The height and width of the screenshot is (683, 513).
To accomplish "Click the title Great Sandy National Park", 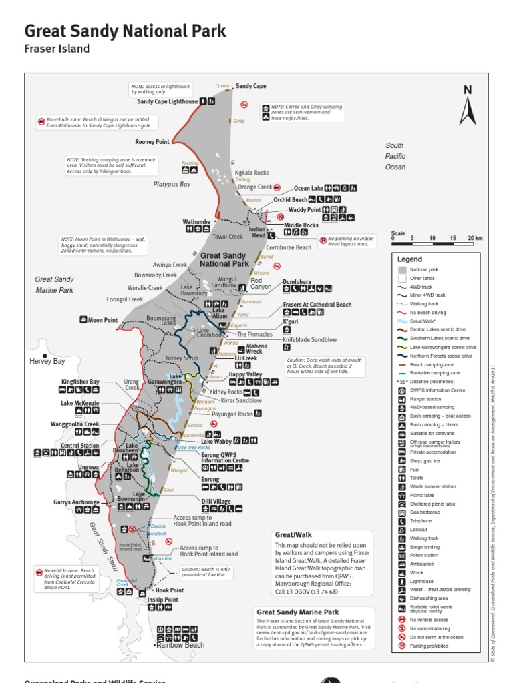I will click(125, 31).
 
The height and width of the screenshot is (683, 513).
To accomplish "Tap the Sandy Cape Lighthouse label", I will click(168, 102).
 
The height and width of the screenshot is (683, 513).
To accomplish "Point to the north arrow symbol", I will click(468, 107).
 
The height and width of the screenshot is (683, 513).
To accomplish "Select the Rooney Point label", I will click(152, 142).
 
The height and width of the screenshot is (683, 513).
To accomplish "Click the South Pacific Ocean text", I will click(395, 156).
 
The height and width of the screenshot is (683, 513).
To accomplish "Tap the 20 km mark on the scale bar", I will click(474, 238).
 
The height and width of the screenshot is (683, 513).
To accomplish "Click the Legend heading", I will click(410, 259).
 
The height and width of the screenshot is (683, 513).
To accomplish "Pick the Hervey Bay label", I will click(47, 361).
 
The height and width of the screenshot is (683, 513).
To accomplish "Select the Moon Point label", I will click(102, 320).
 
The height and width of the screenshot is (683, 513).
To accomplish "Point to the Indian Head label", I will click(257, 232).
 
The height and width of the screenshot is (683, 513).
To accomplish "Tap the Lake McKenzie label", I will click(79, 403).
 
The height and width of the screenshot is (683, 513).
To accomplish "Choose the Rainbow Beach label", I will click(180, 645).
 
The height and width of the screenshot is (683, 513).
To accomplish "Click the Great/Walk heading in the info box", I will click(293, 534).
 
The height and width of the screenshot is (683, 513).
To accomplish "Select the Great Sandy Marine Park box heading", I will click(298, 612).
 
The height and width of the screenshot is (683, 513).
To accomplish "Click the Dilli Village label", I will click(216, 502).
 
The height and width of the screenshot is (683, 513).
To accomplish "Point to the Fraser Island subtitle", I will click(57, 49).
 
